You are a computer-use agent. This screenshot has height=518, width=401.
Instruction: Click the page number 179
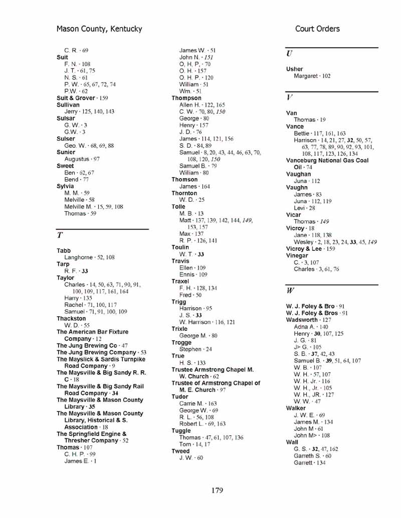pos(217,490)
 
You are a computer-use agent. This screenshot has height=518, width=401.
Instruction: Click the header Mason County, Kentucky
pos(99,29)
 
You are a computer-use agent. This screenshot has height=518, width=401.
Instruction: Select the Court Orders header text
pos(317,29)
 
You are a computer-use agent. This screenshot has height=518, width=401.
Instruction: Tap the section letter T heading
pos(60,235)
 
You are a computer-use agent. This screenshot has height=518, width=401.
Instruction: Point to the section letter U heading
pos(289,54)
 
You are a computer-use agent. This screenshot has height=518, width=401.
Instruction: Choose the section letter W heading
pos(290,290)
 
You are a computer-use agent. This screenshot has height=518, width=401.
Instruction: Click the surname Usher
pos(294,69)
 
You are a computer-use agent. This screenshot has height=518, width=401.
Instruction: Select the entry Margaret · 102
pos(312,76)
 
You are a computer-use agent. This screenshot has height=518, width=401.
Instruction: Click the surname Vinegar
pos(297,256)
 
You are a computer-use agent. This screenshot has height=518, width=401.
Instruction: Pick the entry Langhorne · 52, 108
pos(89,257)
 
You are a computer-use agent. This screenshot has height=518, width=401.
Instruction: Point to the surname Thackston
pos(71,318)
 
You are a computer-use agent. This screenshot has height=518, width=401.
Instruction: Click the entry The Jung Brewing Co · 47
pos(92,346)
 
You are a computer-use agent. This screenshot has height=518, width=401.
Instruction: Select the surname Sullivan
pos(68,105)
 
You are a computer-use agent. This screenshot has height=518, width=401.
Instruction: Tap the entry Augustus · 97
pos(82,159)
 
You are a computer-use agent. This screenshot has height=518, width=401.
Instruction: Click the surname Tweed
pos(180,451)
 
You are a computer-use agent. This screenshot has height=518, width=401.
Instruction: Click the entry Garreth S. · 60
pos(312,456)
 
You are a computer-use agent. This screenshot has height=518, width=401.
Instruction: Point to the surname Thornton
pos(184,193)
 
